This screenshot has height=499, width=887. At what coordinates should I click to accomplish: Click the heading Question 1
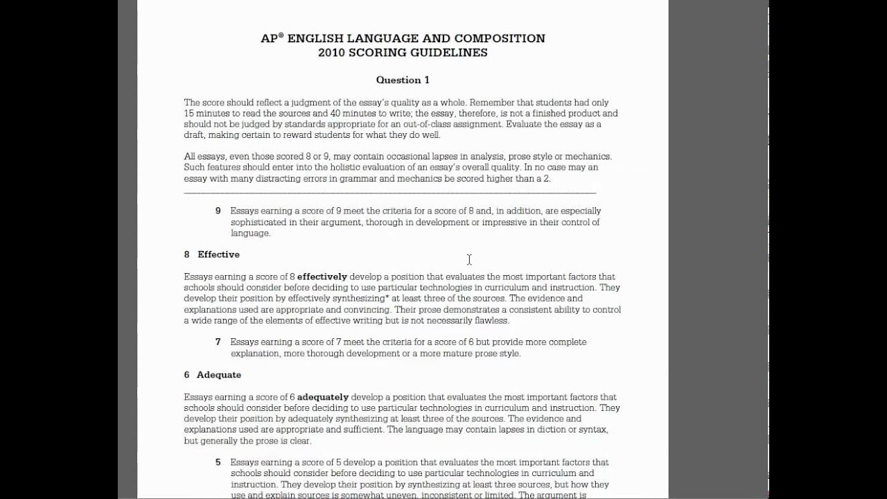pos(403,80)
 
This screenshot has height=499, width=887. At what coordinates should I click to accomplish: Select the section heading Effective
pos(218,254)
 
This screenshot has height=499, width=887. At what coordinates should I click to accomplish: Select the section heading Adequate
pos(218,375)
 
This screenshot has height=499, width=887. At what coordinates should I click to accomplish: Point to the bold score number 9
pos(218,211)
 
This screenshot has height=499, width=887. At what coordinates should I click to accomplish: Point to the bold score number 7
pos(218,342)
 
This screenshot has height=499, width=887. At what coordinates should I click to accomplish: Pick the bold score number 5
pos(218,462)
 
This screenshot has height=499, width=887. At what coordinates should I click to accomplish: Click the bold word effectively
pos(322,277)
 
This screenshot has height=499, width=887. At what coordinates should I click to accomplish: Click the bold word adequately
pos(322,397)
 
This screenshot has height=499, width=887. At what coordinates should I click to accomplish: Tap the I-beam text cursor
pos(469,259)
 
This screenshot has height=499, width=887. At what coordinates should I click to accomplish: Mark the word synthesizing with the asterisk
pos(358,299)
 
